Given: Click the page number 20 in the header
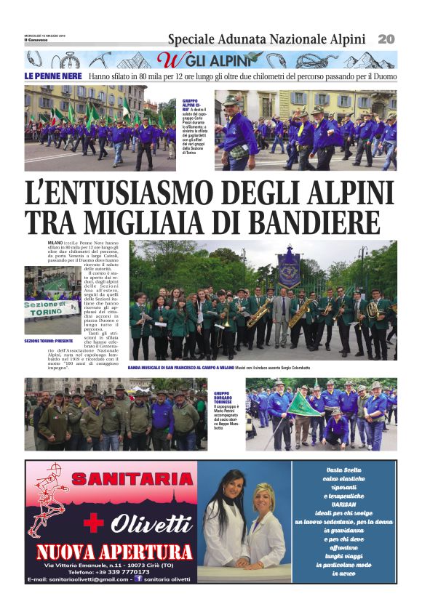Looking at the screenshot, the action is [x=386, y=39].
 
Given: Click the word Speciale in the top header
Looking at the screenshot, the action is [x=191, y=39].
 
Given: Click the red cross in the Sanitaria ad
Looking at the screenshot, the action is [x=94, y=522].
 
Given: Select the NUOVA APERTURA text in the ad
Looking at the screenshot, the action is [x=114, y=552].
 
